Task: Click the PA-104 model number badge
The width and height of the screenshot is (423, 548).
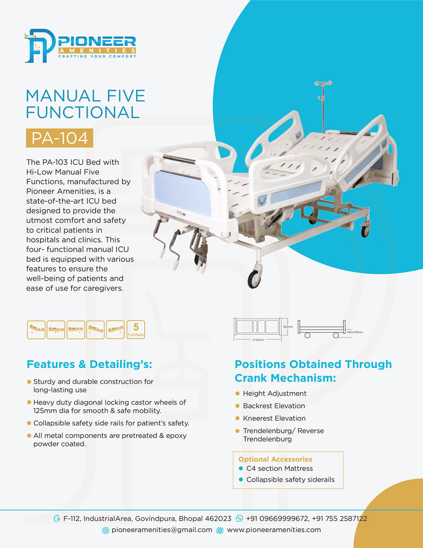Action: coord(60,138)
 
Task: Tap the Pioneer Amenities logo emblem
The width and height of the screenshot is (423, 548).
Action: coord(40,46)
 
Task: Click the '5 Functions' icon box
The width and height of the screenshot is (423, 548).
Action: coord(136,330)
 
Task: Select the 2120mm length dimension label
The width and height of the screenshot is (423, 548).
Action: coord(258,340)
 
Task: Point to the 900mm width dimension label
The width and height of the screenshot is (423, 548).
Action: coord(288,327)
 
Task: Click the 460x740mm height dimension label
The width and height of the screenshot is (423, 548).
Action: coord(355,332)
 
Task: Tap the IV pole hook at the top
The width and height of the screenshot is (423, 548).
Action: coord(323,83)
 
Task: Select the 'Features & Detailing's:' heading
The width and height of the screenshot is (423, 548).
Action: coord(90,365)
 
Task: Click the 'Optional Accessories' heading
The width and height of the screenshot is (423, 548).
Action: coord(275,459)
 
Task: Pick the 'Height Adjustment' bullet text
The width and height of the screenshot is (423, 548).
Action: coord(275,393)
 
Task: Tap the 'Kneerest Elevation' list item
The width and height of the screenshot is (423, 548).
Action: coord(274,418)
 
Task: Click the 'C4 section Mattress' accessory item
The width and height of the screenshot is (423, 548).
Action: coord(280,468)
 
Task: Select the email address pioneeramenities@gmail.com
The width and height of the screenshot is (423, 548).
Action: coord(162,530)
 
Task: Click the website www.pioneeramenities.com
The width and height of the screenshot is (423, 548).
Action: coord(274,530)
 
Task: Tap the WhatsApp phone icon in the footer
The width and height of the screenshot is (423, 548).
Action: coord(239,518)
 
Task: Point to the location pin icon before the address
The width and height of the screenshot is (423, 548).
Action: coord(57,518)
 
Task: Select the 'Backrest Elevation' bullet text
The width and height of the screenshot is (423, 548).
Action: coord(274,406)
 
